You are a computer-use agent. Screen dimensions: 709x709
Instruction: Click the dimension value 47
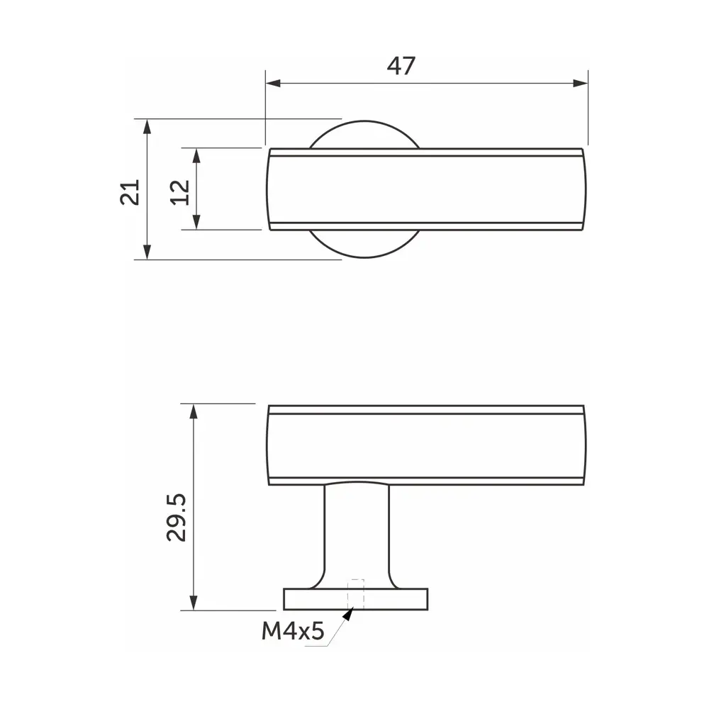pos(401,66)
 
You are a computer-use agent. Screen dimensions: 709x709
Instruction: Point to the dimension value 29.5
pos(177,518)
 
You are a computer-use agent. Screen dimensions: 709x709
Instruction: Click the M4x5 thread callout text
pos(292,631)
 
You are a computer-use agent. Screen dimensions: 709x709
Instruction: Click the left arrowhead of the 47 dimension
pos(272,84)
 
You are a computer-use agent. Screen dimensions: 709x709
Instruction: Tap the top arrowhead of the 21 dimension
pos(147,125)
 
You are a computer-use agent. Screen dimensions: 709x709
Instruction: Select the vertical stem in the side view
pos(357,532)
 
